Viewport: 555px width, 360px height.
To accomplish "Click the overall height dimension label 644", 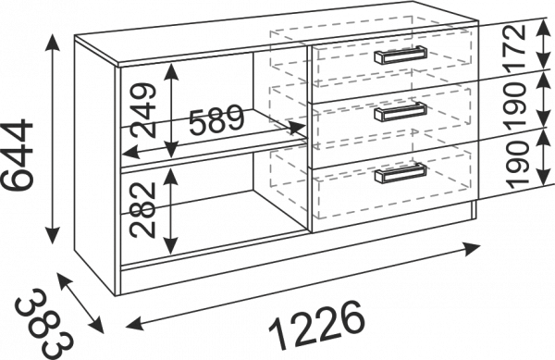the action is [x=18, y=155].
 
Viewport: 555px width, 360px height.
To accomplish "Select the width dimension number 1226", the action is [x=316, y=324].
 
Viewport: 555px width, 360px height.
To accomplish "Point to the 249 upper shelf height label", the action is [x=143, y=110].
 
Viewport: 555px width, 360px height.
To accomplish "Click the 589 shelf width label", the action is [x=216, y=120].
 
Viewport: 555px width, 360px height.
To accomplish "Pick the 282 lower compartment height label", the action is [x=142, y=209].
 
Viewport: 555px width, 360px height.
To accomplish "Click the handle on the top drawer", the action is [x=401, y=56].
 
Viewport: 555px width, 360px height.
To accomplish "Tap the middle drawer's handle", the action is [x=401, y=112].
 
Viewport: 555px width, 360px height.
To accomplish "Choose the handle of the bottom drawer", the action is [x=401, y=173].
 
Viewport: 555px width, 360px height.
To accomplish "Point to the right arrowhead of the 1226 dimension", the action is [x=472, y=248].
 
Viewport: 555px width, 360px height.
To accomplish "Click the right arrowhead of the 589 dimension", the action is [x=298, y=127].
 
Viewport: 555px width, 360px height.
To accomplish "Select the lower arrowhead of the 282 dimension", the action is [x=170, y=246].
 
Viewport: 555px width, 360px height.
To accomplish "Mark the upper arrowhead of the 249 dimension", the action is [x=171, y=71].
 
